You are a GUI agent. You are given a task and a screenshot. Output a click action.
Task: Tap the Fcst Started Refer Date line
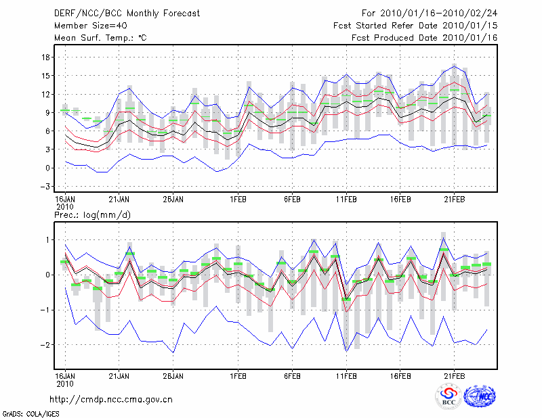point(415,26)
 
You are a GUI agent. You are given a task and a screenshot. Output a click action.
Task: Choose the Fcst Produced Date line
point(424,38)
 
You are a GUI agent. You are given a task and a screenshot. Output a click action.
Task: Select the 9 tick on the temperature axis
point(47,112)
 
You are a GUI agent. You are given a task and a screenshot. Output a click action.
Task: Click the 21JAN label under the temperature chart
point(120,200)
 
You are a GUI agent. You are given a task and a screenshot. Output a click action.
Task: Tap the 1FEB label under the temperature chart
point(238,200)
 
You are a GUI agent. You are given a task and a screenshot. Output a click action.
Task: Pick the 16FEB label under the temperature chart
point(400,200)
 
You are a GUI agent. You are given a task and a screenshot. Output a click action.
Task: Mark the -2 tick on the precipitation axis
point(44,345)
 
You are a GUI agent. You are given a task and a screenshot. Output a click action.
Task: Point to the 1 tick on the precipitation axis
point(47,239)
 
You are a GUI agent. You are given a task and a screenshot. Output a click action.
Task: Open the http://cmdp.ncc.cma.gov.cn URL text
point(111,399)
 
